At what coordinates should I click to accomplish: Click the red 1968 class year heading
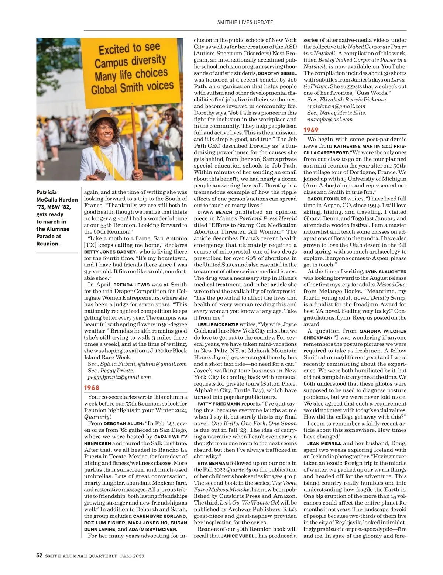pyautogui.click(x=92, y=388)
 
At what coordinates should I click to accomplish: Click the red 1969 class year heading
pyautogui.click(x=311, y=130)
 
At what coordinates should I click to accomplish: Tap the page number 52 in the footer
pyautogui.click(x=39, y=556)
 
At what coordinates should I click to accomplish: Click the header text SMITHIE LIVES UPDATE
pyautogui.click(x=245, y=22)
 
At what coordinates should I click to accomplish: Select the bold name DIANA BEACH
pyautogui.click(x=215, y=212)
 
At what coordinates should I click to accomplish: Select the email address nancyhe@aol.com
pyautogui.click(x=330, y=119)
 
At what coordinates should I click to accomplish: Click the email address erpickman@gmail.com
pyautogui.click(x=336, y=106)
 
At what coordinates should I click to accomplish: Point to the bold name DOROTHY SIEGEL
pyautogui.click(x=277, y=73)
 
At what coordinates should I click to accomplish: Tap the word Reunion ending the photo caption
pyautogui.click(x=48, y=244)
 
